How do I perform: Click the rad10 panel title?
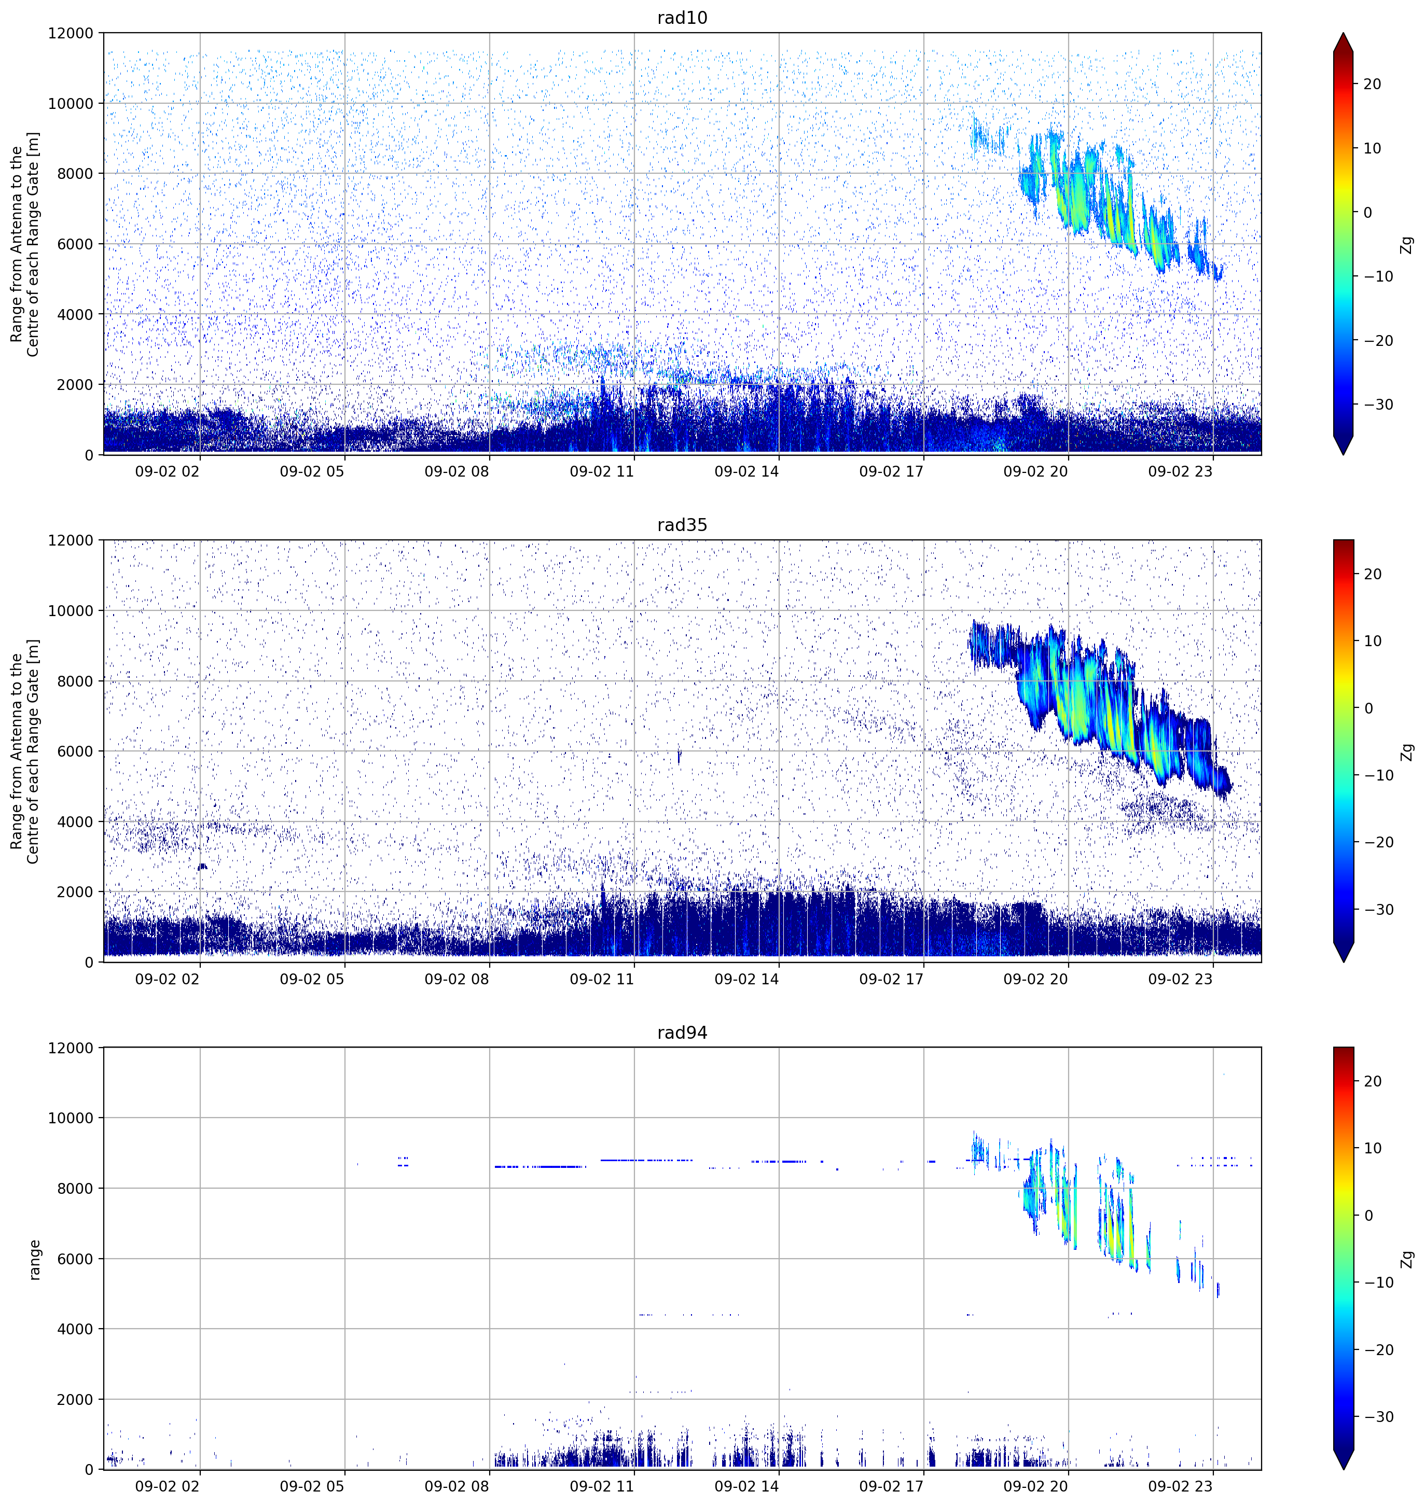(x=682, y=18)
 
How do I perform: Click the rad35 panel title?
(x=682, y=525)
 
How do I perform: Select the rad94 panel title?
(x=682, y=1032)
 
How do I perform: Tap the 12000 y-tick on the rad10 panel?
(x=71, y=33)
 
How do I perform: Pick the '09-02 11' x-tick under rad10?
(x=602, y=471)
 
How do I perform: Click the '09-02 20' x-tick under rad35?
(x=1035, y=979)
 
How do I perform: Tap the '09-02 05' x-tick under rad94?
(x=312, y=1486)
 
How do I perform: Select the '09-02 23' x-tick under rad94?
(x=1181, y=1486)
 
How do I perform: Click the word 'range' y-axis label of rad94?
(x=34, y=1260)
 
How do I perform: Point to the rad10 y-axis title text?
(x=25, y=244)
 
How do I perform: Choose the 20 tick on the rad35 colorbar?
(x=1373, y=574)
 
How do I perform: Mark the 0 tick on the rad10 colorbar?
(x=1368, y=213)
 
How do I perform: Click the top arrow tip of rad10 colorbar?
(x=1343, y=33)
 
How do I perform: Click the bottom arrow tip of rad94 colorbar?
(x=1343, y=1469)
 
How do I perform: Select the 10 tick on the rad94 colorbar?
(x=1373, y=1149)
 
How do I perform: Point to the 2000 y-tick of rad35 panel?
(x=75, y=892)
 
